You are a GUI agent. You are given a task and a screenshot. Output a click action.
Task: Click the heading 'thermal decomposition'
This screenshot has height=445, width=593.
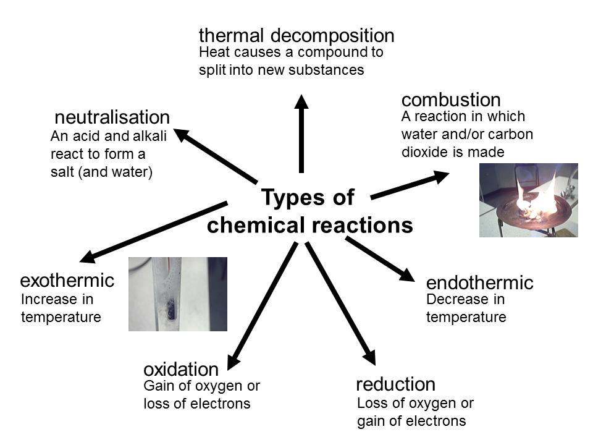pos(296,36)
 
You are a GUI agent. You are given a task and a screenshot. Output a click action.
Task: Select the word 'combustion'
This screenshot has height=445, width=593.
pos(451,100)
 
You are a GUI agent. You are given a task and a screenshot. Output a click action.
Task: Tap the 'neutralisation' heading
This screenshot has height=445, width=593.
pos(112,117)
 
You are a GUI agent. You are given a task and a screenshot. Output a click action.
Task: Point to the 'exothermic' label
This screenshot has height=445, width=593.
pos(67,281)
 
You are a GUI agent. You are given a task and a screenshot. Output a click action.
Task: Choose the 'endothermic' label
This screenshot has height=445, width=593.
pos(479,282)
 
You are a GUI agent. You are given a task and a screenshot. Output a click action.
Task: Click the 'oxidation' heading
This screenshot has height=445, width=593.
pos(181,370)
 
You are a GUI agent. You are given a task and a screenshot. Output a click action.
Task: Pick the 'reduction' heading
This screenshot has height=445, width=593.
pos(395,384)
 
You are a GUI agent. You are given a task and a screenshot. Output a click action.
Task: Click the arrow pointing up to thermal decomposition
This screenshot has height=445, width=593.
pos(301,133)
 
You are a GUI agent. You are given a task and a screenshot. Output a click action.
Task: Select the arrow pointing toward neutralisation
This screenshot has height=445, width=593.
pos(215,156)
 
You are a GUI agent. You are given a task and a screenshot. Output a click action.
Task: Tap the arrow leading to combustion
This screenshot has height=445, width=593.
pos(410,185)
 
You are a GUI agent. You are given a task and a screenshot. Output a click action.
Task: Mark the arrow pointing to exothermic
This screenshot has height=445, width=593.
pos(154,232)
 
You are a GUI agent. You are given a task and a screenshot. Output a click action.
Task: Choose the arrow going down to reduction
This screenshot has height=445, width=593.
pos(341,304)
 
